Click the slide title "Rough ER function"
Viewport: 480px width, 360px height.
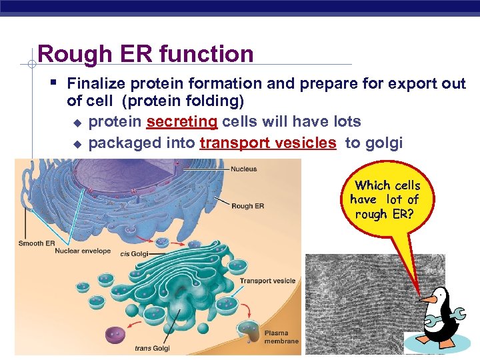click(x=145, y=53)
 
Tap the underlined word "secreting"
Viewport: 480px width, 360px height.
click(x=181, y=122)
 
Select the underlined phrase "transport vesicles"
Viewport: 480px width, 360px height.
click(x=268, y=143)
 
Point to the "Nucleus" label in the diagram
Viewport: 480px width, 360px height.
click(x=244, y=169)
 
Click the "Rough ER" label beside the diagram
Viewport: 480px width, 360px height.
click(x=247, y=206)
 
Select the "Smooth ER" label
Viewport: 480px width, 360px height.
click(x=36, y=243)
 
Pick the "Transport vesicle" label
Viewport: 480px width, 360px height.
click(x=267, y=281)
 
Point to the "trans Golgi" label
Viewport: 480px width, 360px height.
click(x=152, y=348)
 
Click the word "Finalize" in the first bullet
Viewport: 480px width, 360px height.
click(x=97, y=84)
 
